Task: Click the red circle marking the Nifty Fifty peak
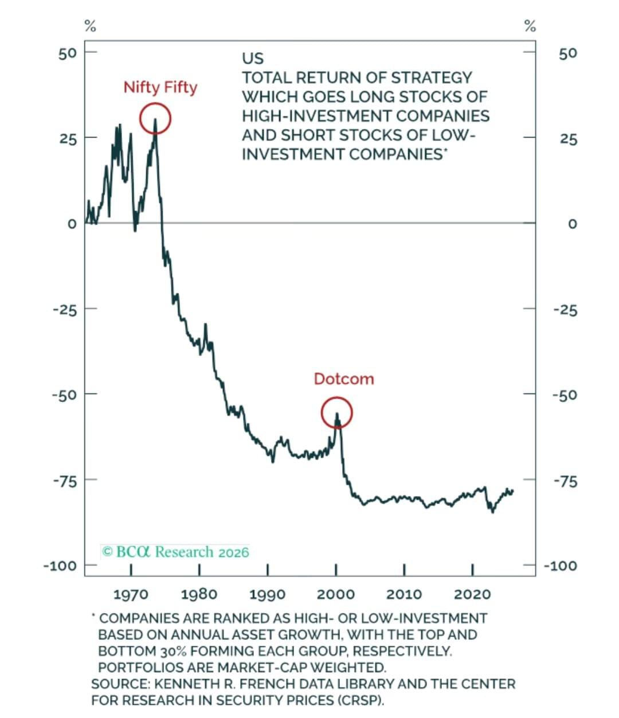coord(155,119)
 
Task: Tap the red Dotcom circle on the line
coord(336,413)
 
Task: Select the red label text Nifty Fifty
coord(160,88)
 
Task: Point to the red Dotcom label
coord(343,379)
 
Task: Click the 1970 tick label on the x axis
coord(131,594)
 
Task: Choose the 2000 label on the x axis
coord(336,594)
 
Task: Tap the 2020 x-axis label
coord(472,594)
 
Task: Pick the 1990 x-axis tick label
coord(267,594)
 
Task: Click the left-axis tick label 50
coord(67,53)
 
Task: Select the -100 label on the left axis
coord(60,566)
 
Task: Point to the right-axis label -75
coord(565,481)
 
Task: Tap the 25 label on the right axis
coord(569,139)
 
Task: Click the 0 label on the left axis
coord(72,224)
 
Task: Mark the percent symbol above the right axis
coord(530,26)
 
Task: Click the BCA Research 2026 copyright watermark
coord(175,552)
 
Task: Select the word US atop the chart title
coord(253,58)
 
